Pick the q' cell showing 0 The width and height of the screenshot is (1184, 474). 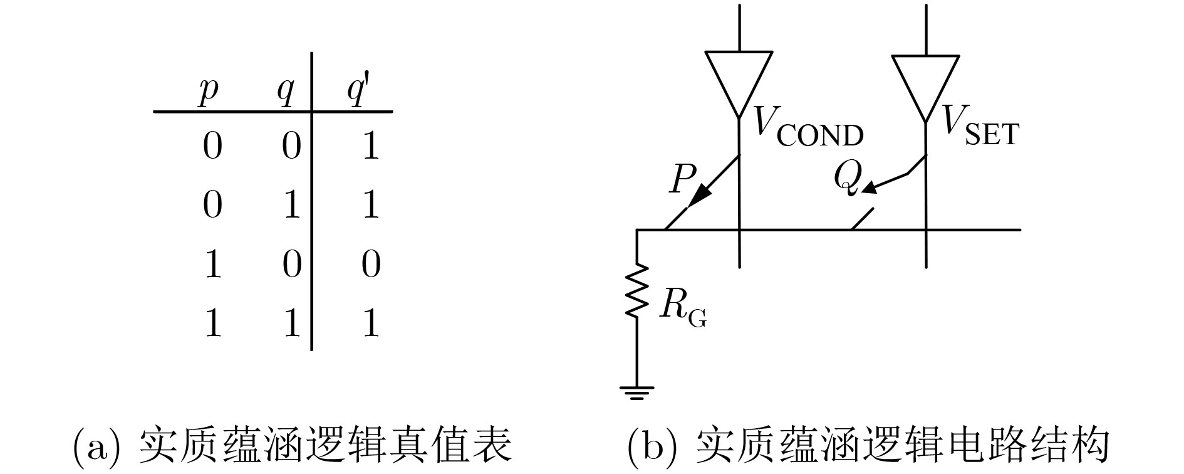point(371,264)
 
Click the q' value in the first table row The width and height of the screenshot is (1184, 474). point(371,146)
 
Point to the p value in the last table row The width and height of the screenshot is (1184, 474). point(213,324)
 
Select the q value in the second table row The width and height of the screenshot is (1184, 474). point(291,205)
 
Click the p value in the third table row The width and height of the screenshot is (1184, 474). point(213,264)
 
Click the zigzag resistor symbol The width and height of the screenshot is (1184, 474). point(637,290)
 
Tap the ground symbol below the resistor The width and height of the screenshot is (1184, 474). point(637,392)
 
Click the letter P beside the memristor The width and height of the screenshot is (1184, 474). point(683,180)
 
